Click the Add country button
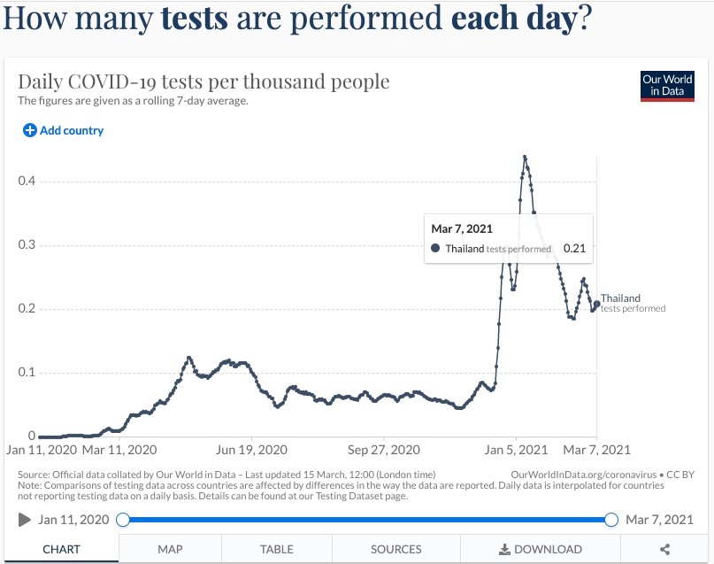[x=63, y=130]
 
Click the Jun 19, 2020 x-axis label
[x=252, y=449]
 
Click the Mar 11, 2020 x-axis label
[x=119, y=449]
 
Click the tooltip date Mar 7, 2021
[x=461, y=229]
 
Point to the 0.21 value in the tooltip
[x=574, y=249]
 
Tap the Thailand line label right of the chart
[x=620, y=298]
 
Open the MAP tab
[x=170, y=549]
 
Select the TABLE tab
[x=278, y=549]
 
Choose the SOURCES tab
[x=396, y=549]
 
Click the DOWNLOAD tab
[x=540, y=549]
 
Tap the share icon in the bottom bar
[x=664, y=549]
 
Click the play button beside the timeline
[x=25, y=520]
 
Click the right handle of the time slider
[x=610, y=520]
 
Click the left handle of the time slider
[x=123, y=520]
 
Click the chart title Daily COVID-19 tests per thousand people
[x=203, y=82]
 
